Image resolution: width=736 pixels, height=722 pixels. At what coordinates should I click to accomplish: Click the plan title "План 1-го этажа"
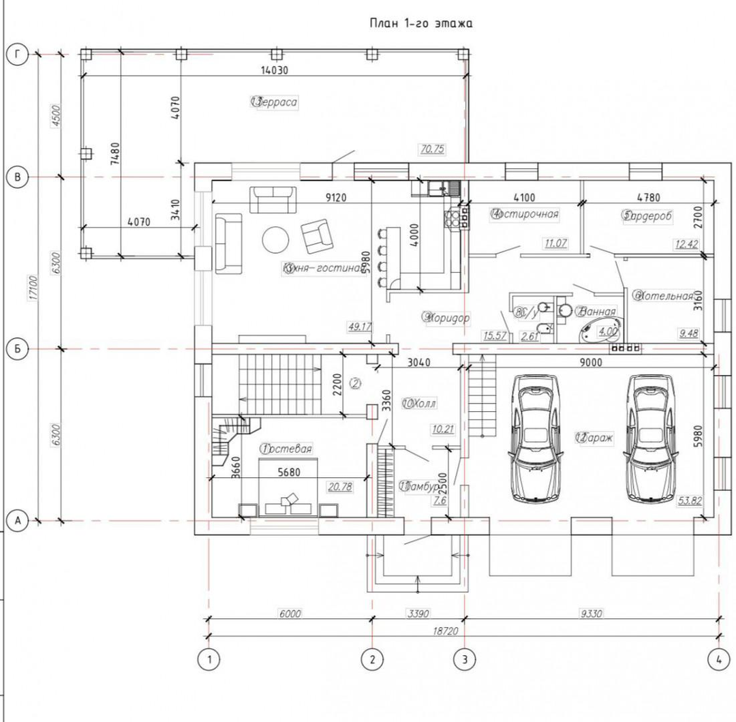click(x=420, y=23)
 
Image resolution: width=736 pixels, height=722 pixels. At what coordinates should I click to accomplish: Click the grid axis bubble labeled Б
click(x=17, y=349)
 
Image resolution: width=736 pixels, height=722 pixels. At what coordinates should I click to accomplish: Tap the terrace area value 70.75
click(x=432, y=149)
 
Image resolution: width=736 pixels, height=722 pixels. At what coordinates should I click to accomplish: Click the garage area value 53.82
click(x=690, y=501)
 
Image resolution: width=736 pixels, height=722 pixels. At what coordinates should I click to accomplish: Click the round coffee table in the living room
click(x=276, y=239)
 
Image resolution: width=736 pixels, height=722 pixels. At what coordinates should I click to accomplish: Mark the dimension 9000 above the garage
click(x=592, y=363)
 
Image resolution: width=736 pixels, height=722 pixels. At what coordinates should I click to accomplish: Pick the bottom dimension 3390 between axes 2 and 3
click(x=418, y=614)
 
